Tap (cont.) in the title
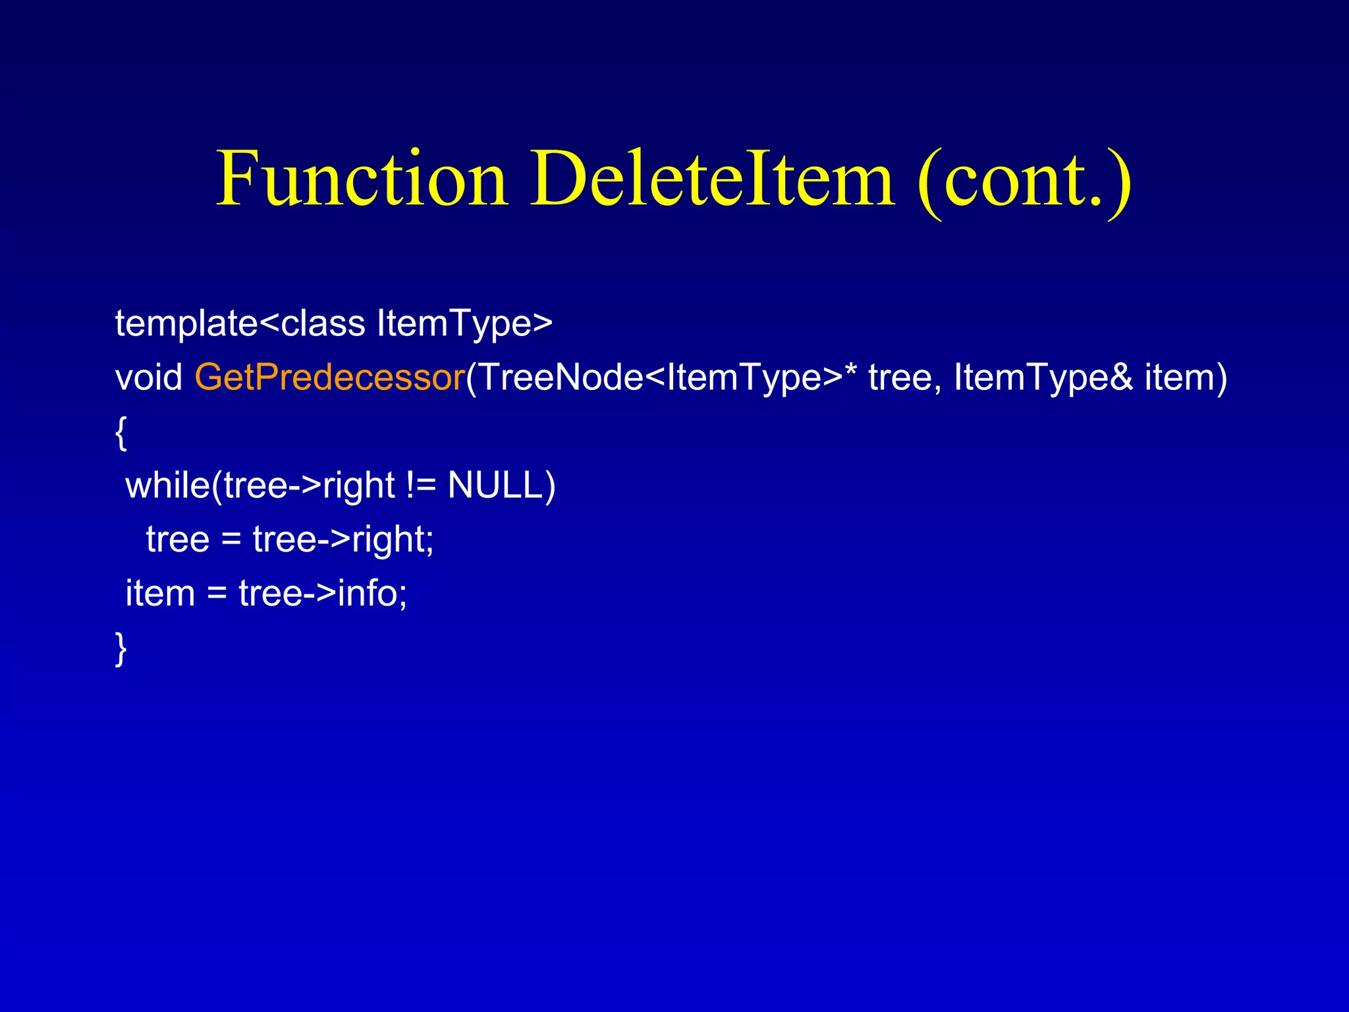click(x=1024, y=181)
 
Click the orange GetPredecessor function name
click(x=330, y=378)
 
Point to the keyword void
click(x=149, y=378)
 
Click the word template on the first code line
click(x=186, y=324)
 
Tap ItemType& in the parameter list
click(x=1043, y=378)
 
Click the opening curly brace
click(x=121, y=434)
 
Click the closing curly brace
click(x=121, y=649)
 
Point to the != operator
click(x=422, y=486)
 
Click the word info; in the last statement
click(x=373, y=594)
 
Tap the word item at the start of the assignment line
click(x=160, y=594)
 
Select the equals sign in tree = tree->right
click(x=231, y=540)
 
